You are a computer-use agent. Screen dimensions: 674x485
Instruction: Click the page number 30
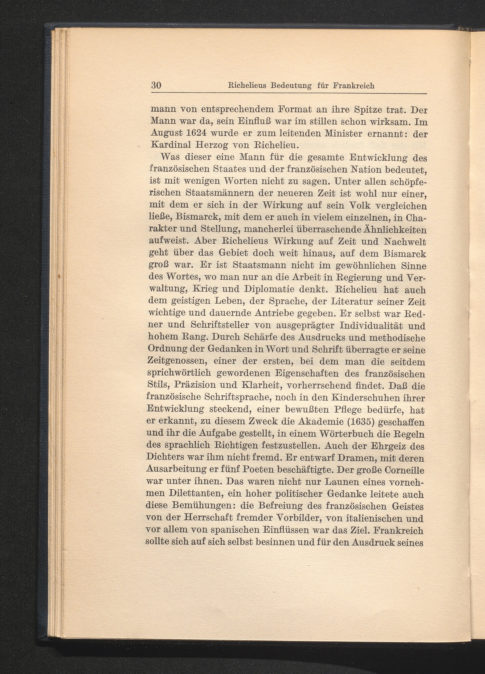point(156,86)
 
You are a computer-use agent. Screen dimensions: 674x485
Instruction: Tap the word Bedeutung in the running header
point(291,86)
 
